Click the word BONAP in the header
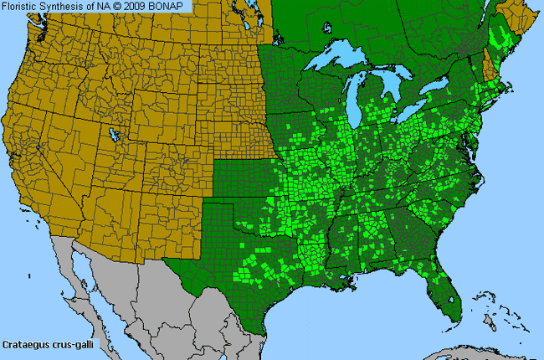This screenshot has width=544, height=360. pos(170,6)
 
